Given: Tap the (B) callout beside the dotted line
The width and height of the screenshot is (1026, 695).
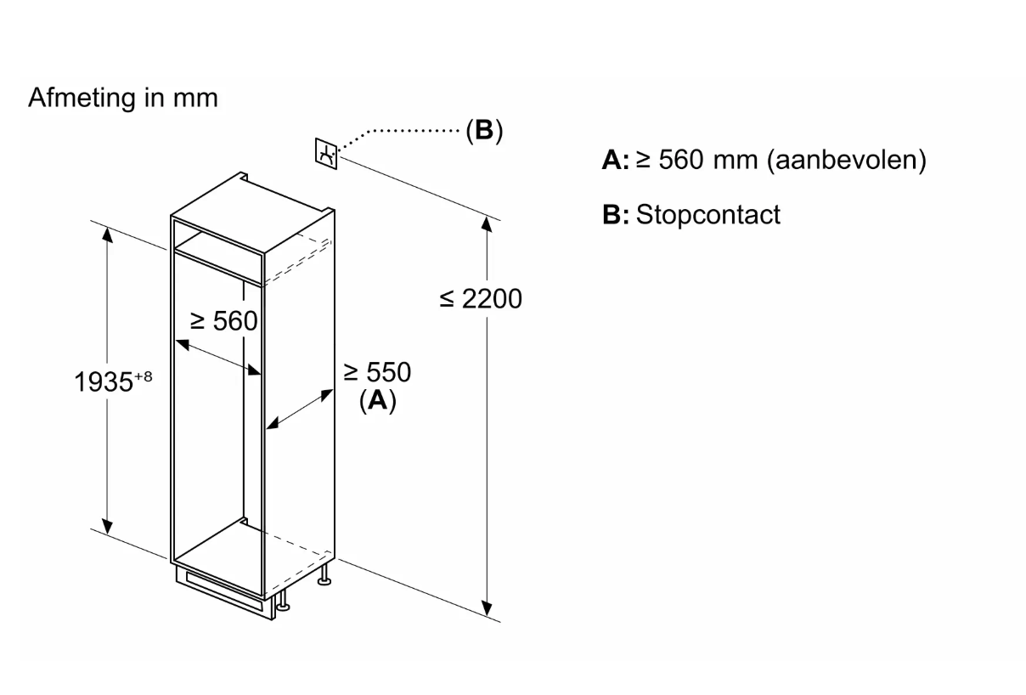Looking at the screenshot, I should (x=483, y=131).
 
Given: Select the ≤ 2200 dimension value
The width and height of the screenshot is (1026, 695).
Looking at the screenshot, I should (x=481, y=299).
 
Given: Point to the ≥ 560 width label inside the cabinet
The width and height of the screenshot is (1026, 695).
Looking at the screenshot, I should (x=223, y=321).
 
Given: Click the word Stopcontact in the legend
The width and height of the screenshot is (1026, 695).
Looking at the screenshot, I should (x=707, y=214).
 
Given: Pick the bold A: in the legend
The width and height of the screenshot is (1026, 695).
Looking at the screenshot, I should (x=615, y=161).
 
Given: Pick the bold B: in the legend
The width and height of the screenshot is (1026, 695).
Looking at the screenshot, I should (x=615, y=215).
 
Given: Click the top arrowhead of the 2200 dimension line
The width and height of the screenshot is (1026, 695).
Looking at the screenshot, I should (x=487, y=224).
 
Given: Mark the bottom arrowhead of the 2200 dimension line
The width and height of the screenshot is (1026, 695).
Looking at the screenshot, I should (x=487, y=607).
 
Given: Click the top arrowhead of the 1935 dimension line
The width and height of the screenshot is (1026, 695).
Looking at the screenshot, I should (x=107, y=234).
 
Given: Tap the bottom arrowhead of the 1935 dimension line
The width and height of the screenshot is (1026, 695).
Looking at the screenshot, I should (x=107, y=528).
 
